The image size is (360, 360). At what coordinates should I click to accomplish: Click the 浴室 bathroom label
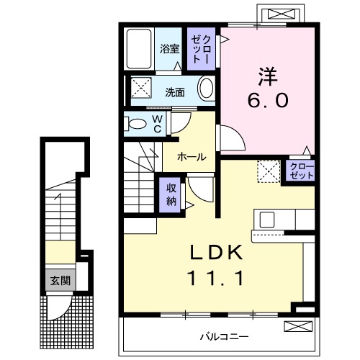171,50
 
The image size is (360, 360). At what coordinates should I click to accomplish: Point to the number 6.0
268,101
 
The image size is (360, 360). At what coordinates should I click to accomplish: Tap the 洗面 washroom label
175,92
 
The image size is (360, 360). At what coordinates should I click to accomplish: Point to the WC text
156,124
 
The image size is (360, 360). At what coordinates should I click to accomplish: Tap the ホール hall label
191,156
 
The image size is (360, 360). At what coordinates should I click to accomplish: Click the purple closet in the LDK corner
302,171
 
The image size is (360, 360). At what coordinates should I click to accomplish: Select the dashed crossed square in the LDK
269,171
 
